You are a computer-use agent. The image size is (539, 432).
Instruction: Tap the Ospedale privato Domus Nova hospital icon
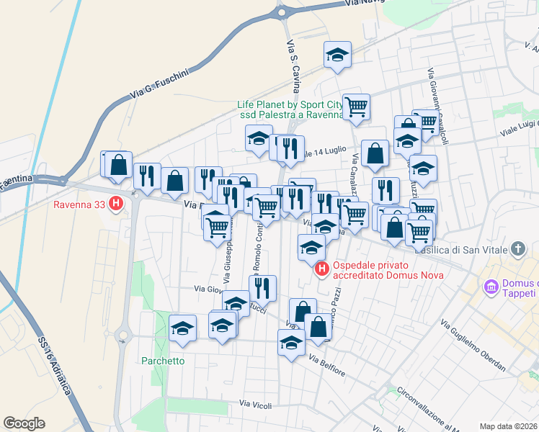[x=321, y=269]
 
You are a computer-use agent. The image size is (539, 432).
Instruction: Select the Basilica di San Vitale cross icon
[x=517, y=250]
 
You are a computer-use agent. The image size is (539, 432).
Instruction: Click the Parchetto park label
[x=163, y=361]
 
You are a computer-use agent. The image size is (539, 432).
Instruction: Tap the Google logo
[x=24, y=423]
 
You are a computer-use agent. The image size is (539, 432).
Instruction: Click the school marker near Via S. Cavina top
[x=337, y=55]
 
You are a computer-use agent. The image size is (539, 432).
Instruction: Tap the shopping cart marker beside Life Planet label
[x=356, y=107]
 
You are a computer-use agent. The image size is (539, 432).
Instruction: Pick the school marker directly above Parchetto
[x=183, y=328]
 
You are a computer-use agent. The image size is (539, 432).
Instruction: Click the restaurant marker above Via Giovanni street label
[x=262, y=287]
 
